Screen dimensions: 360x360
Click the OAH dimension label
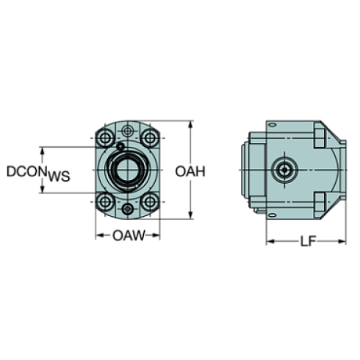point(190,172)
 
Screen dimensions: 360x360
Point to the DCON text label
point(26,173)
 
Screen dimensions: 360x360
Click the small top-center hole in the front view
point(129,131)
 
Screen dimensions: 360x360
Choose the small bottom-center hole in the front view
point(129,209)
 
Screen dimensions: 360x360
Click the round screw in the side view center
point(284,170)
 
